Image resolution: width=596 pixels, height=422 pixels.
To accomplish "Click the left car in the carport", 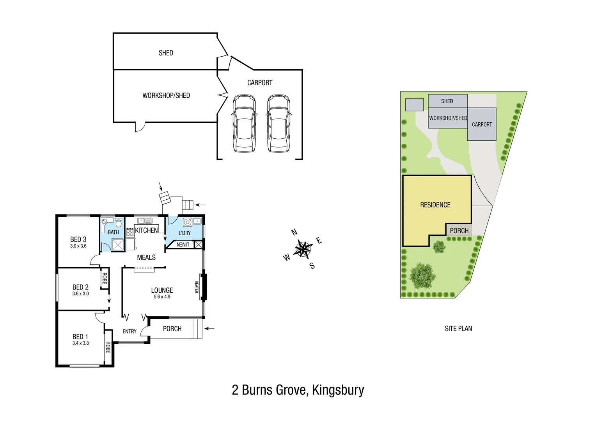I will click(244, 123).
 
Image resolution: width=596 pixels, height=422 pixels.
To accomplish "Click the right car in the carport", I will click(278, 123).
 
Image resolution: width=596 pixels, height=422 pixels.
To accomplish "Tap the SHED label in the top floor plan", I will click(166, 53).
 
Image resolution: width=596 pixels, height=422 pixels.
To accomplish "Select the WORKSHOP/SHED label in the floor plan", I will click(166, 95).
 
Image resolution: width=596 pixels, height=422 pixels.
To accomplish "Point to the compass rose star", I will click(303, 249).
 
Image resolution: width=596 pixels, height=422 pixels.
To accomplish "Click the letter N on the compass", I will click(294, 232).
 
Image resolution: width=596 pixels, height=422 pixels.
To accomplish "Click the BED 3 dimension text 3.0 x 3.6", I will click(78, 246).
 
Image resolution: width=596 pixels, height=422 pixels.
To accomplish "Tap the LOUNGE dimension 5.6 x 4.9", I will click(162, 297).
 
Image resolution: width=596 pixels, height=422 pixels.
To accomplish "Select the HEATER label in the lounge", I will click(197, 287).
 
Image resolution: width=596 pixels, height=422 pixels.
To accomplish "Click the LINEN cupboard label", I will click(183, 245).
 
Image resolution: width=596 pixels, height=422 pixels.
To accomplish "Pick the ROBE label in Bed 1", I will click(108, 347).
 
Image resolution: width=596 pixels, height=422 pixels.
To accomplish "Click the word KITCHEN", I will click(146, 231).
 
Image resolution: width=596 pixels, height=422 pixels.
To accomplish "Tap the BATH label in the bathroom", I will click(113, 232).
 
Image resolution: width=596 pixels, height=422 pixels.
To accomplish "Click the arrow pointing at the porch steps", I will click(209, 329).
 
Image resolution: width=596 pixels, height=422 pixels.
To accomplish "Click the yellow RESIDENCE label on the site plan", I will click(435, 205).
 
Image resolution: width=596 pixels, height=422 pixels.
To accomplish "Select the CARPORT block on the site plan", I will click(482, 124).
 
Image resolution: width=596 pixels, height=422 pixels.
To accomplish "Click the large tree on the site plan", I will click(422, 275).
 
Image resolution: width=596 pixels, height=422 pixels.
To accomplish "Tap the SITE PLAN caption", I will click(458, 329).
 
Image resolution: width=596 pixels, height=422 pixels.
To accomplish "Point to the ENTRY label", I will click(129, 331).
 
